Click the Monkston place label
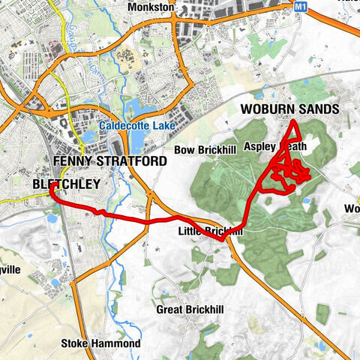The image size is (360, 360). pyautogui.click(x=151, y=7)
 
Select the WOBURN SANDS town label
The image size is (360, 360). pyautogui.click(x=289, y=109)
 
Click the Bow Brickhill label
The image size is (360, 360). pyautogui.click(x=205, y=150)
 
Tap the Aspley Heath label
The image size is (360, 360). pyautogui.click(x=275, y=146)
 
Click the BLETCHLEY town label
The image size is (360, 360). pyautogui.click(x=65, y=182)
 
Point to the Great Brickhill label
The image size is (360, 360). pyautogui.click(x=190, y=309)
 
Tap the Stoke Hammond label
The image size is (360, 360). pyautogui.click(x=100, y=343)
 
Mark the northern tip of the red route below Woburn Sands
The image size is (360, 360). pyautogui.click(x=292, y=122)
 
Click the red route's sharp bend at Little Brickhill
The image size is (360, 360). pyautogui.click(x=223, y=239)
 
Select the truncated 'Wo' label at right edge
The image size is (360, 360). pyautogui.click(x=352, y=208)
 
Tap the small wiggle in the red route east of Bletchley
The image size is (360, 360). pyautogui.click(x=97, y=212)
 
